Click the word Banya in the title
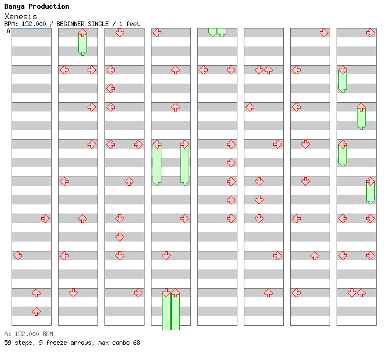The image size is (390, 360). (x=15, y=7)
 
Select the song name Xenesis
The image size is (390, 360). (x=21, y=17)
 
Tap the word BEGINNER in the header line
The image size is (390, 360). (x=70, y=24)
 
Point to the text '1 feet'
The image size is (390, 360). (x=129, y=24)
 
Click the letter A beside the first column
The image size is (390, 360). (x=8, y=31)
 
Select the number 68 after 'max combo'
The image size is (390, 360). (x=136, y=343)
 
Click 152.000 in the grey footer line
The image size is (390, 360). (x=27, y=334)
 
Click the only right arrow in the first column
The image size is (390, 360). (x=45, y=219)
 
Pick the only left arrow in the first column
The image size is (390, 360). (x=17, y=255)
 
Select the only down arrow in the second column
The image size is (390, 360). (x=73, y=293)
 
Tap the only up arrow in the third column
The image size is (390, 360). (x=129, y=181)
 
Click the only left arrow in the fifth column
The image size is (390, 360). (x=204, y=70)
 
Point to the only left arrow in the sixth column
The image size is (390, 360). (x=250, y=107)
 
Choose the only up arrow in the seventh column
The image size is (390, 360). (x=315, y=255)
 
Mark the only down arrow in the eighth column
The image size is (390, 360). (x=352, y=293)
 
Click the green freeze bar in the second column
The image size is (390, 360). (x=82, y=44)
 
